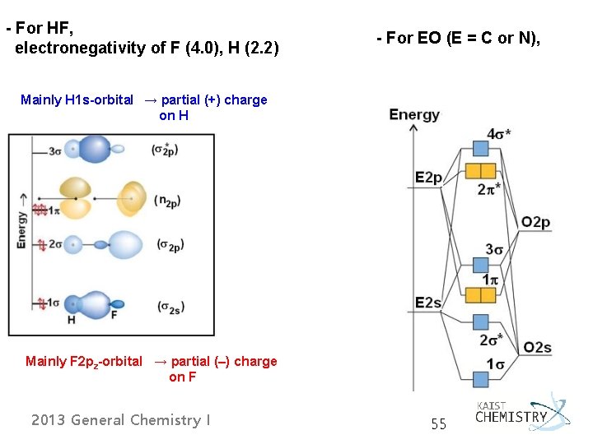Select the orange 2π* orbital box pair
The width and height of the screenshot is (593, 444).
pyautogui.click(x=480, y=170)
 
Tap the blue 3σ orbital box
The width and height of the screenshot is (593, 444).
pyautogui.click(x=480, y=265)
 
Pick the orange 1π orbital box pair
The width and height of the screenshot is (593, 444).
pyautogui.click(x=480, y=294)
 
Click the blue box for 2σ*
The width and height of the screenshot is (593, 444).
pyautogui.click(x=480, y=321)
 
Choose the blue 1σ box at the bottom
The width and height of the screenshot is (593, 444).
pyautogui.click(x=480, y=378)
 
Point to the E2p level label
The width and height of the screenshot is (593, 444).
pyautogui.click(x=429, y=177)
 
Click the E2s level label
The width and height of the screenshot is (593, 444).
pyautogui.click(x=428, y=303)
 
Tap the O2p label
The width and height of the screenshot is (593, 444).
pyautogui.click(x=535, y=223)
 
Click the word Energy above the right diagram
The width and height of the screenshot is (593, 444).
pyautogui.click(x=413, y=114)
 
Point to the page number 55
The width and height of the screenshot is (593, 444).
pyautogui.click(x=438, y=424)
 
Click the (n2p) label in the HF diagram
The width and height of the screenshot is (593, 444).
pyautogui.click(x=169, y=200)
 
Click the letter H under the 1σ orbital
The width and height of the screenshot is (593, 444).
pyautogui.click(x=72, y=320)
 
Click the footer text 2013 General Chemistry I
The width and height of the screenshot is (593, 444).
pyautogui.click(x=120, y=420)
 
